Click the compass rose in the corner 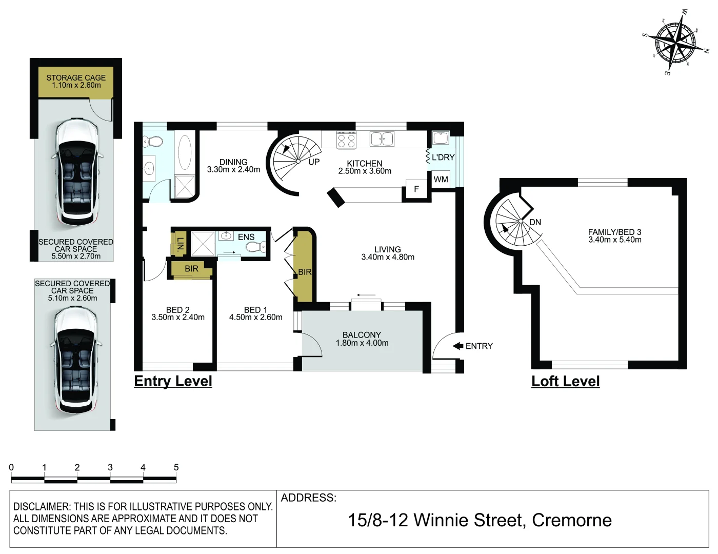(676, 41)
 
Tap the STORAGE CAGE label (76, 78)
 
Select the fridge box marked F (416, 189)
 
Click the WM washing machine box (441, 180)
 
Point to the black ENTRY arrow (458, 346)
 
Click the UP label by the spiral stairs (314, 162)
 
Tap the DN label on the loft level (535, 222)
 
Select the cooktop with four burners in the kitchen (346, 140)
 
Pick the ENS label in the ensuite (246, 237)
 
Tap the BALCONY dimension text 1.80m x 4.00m (362, 343)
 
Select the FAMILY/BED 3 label (614, 232)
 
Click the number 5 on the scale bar (176, 467)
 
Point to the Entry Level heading (173, 381)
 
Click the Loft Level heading (565, 381)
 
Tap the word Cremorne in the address (571, 520)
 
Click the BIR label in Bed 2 (191, 269)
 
